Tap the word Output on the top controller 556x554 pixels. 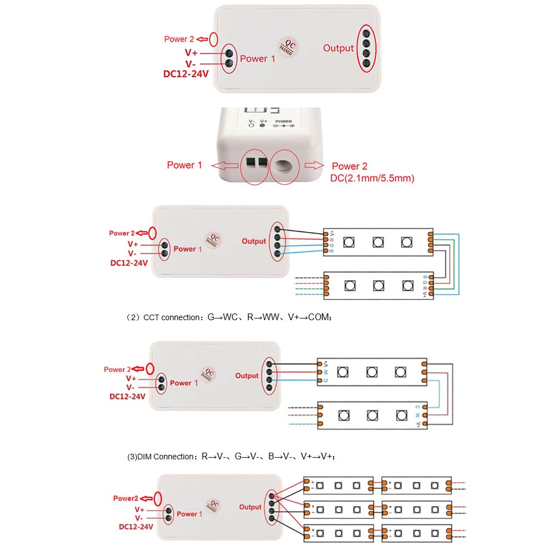(x=338, y=48)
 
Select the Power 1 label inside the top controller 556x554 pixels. (x=257, y=58)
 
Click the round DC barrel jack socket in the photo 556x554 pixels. (x=284, y=166)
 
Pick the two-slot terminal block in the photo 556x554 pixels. (x=255, y=163)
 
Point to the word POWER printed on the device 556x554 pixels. (x=284, y=121)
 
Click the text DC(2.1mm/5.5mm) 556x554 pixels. (x=372, y=178)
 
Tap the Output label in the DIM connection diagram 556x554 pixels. (x=250, y=507)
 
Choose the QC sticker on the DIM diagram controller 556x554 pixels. (x=211, y=504)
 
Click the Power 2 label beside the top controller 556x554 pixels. (x=179, y=39)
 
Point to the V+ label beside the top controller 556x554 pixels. (x=192, y=52)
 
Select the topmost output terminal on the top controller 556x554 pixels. (x=366, y=33)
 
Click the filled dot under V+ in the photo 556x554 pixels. (x=262, y=127)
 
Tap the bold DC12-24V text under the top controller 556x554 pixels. (x=186, y=73)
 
